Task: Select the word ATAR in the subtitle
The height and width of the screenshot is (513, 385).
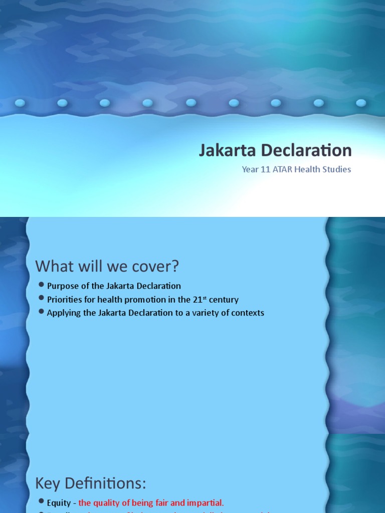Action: click(283, 169)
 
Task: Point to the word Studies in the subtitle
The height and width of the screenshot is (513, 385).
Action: click(337, 169)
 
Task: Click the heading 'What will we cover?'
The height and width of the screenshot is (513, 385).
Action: click(107, 266)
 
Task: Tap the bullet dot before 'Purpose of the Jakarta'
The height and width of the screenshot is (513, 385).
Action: click(41, 285)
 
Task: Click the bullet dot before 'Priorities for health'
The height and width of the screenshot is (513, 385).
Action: click(41, 299)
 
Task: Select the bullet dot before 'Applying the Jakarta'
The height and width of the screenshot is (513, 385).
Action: click(41, 312)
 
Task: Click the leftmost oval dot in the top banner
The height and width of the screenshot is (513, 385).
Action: click(20, 103)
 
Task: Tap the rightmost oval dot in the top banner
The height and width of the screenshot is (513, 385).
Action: click(361, 103)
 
